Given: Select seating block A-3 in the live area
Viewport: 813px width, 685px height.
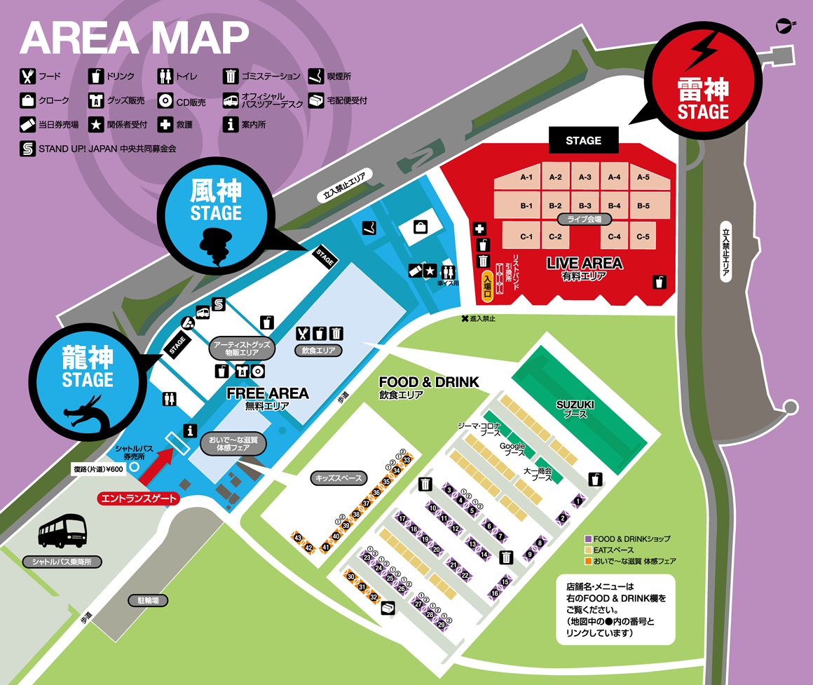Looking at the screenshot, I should tap(585, 177).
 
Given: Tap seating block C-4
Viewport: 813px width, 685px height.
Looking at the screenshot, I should tap(614, 236).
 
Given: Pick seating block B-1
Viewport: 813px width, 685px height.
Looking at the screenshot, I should tap(526, 206).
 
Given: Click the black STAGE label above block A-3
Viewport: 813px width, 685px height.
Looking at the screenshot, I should tap(583, 140).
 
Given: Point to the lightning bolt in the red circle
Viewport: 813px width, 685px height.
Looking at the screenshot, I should tap(702, 50).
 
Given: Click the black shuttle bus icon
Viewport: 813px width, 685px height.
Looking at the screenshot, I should tap(63, 531).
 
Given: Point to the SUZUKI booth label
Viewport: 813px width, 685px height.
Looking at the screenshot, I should tap(575, 409).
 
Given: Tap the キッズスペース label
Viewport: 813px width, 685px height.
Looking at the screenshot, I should tap(339, 478).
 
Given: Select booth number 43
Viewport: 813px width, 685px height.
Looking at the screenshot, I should tap(298, 538).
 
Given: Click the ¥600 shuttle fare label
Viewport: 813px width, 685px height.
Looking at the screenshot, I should tap(98, 469).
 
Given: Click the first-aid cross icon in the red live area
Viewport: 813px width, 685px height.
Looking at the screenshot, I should tap(479, 229).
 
